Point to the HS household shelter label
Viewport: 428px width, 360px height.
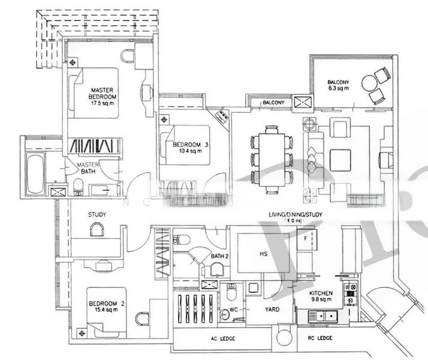click(263, 254)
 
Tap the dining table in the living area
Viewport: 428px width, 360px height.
click(272, 158)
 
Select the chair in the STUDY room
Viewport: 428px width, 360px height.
click(96, 230)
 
